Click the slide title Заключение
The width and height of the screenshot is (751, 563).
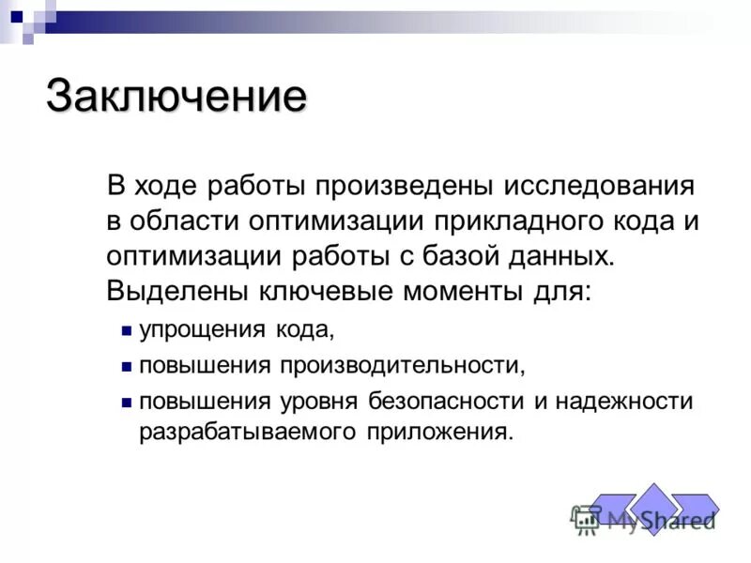[x=176, y=97]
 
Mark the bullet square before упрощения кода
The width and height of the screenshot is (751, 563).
[x=126, y=330]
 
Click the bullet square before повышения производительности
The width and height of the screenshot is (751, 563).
[x=126, y=365]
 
